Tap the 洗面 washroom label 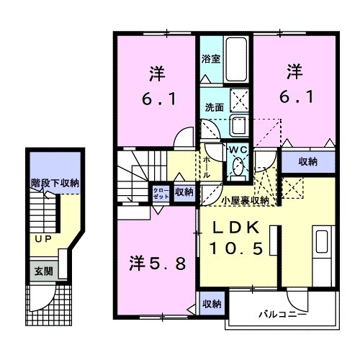213,107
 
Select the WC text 237,150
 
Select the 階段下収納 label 55,183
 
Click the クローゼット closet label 160,192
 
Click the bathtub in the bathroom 237,60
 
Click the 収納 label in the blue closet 307,161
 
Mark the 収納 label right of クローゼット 184,192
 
